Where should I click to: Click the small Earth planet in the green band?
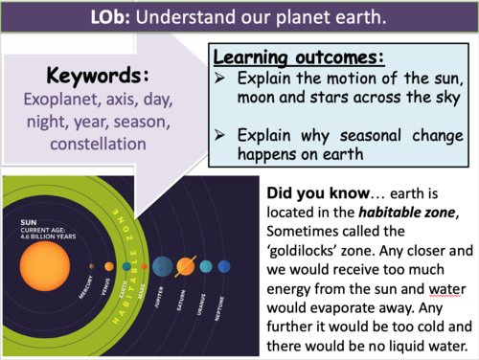126,265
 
